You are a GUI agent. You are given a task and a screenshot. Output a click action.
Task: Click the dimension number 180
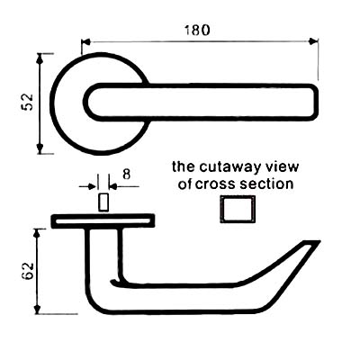(197, 31)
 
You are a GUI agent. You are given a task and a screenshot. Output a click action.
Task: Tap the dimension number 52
(28, 102)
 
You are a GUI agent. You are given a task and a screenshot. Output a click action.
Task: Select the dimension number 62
(28, 271)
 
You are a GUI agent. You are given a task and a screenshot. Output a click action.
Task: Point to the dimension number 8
(127, 174)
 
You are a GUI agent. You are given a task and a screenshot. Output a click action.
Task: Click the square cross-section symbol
(238, 209)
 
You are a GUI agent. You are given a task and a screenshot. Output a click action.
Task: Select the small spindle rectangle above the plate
(103, 202)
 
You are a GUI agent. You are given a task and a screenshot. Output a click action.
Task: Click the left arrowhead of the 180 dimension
(86, 42)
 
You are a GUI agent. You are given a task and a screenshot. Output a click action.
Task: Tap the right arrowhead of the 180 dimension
(314, 41)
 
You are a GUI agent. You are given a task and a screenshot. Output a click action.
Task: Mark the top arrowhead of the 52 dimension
(40, 58)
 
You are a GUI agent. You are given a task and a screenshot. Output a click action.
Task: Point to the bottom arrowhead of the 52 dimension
(40, 148)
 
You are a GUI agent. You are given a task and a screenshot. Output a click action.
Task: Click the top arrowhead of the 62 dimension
(37, 233)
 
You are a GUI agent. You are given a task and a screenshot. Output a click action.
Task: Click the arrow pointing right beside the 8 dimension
(91, 187)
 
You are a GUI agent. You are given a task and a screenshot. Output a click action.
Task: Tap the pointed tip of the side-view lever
(319, 241)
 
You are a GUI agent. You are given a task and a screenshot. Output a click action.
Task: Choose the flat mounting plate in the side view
(103, 221)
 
